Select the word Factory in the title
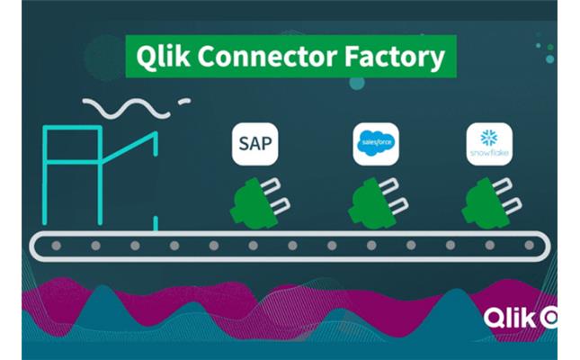(x=394, y=56)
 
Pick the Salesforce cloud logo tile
(x=375, y=143)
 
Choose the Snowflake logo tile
(x=488, y=143)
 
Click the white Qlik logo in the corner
(x=520, y=318)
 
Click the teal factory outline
(x=99, y=171)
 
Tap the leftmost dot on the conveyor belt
(x=56, y=245)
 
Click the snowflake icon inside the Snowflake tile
(x=488, y=138)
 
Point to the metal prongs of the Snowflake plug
(x=509, y=199)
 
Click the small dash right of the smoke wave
(x=184, y=102)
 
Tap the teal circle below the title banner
(x=357, y=83)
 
